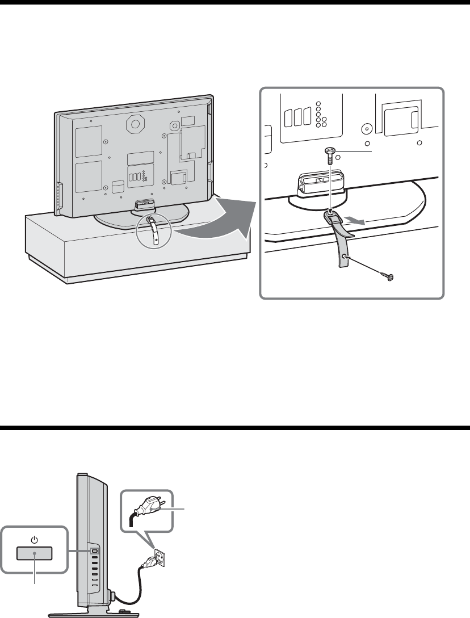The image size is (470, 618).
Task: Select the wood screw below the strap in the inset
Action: point(389,277)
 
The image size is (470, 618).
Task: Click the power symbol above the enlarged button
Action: point(35,540)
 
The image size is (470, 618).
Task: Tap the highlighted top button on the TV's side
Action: point(95,550)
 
